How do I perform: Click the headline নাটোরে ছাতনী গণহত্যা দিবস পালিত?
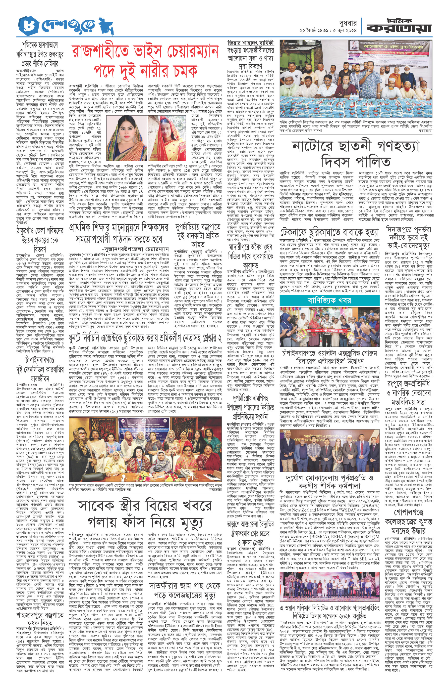pos(355,153)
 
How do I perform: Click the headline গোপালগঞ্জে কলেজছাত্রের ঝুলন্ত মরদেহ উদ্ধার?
pos(408,518)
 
